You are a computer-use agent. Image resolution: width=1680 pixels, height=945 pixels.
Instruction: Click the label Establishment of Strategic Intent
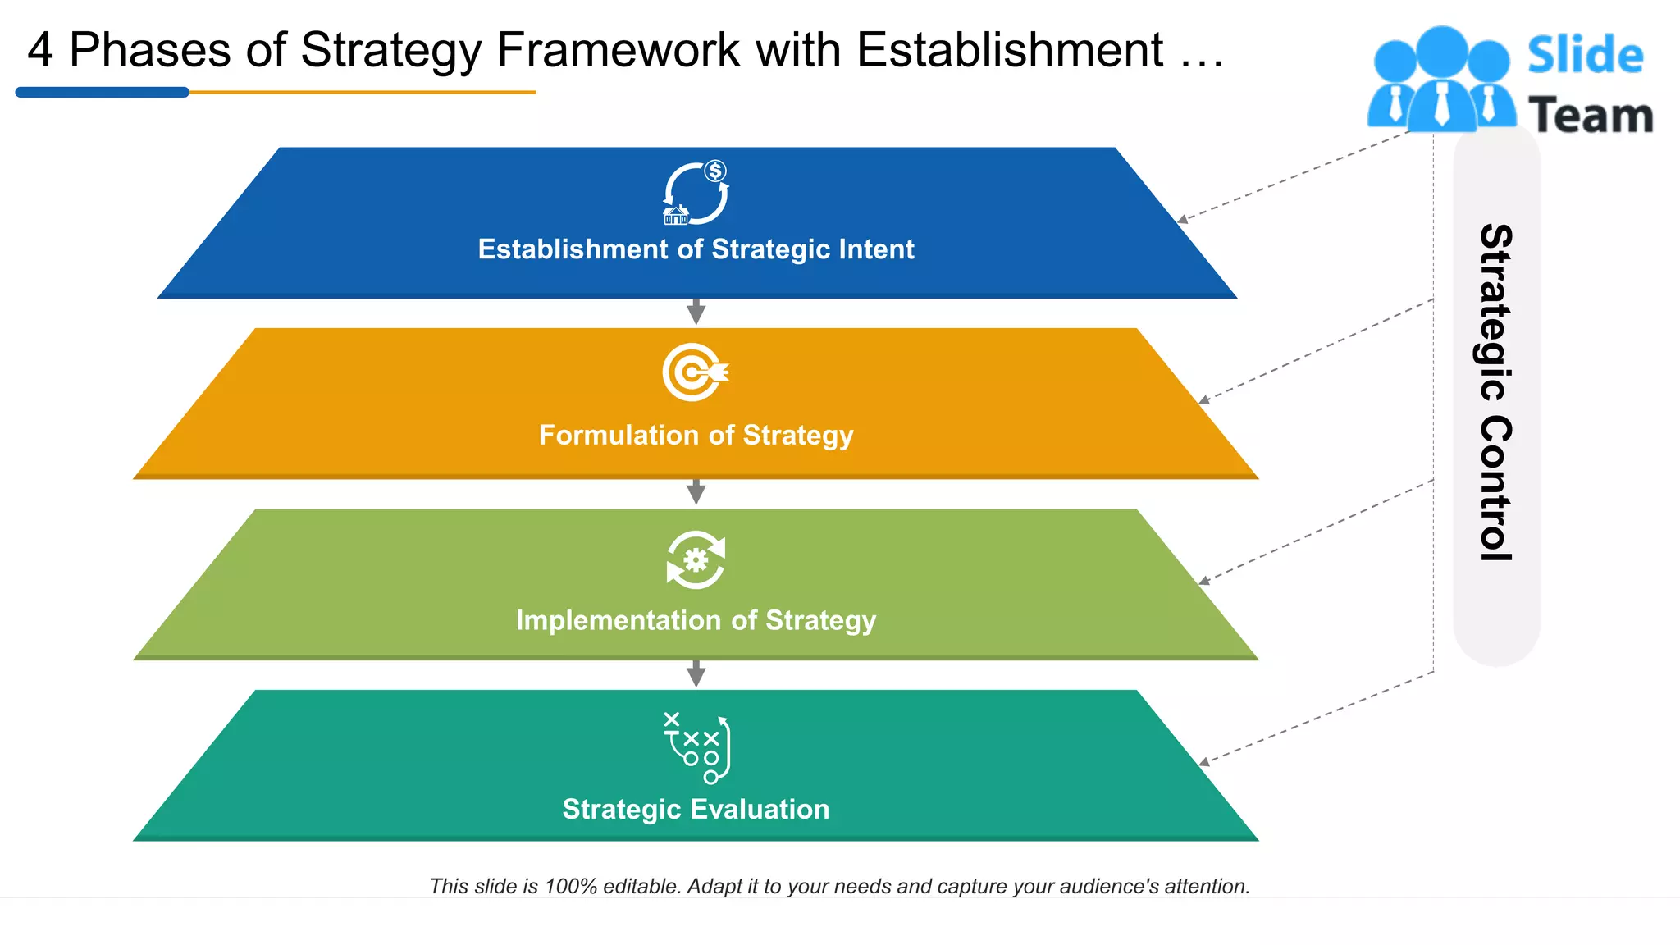tap(696, 249)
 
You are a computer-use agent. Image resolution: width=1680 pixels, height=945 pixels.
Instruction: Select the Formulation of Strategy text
tap(696, 436)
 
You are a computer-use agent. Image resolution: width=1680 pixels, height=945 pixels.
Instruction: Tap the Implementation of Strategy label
tap(696, 621)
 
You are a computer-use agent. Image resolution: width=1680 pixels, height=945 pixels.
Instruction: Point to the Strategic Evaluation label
tap(696, 810)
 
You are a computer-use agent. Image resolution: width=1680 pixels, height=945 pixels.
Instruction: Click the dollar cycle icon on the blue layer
tap(696, 194)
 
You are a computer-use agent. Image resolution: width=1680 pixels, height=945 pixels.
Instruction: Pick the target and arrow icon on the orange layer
tap(695, 372)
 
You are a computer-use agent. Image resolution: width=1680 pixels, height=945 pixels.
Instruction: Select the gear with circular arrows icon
tap(696, 560)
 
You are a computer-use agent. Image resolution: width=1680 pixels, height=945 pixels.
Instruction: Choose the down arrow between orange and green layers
tap(696, 492)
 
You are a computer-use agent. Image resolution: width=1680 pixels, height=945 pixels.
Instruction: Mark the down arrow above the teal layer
tap(696, 673)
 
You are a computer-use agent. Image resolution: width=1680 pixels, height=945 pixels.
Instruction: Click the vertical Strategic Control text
tap(1496, 392)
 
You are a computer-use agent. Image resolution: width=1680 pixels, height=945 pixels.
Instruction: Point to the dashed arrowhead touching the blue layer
tap(1182, 220)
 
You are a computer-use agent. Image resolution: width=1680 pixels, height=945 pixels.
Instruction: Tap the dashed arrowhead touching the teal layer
tap(1203, 763)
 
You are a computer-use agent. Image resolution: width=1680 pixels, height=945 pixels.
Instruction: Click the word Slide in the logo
tap(1585, 56)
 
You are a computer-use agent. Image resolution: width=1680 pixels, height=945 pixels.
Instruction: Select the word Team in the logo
tap(1591, 116)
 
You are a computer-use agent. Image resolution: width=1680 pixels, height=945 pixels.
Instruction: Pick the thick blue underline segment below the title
tap(103, 93)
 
